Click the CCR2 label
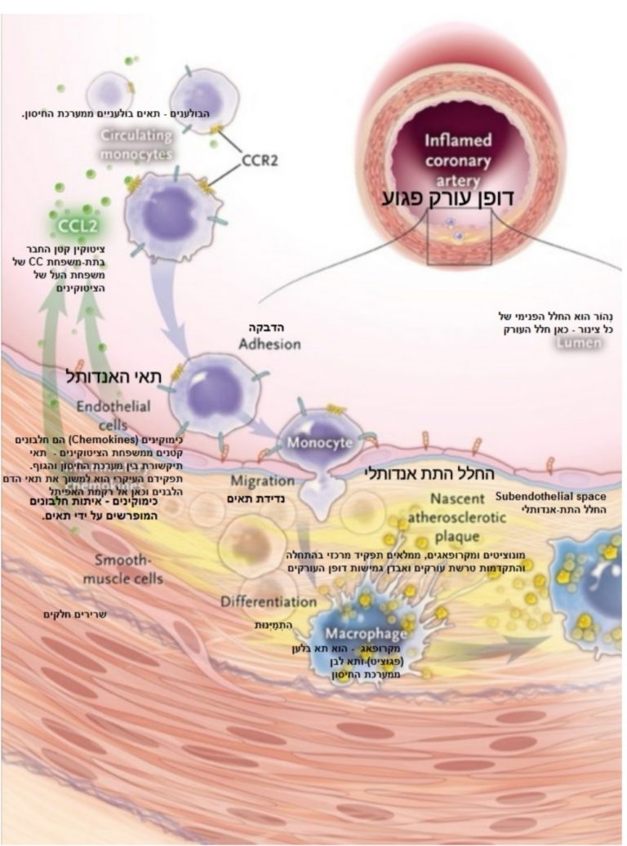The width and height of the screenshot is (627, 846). [260, 161]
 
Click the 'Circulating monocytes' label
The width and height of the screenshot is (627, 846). [136, 144]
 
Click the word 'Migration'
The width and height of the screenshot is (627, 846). [261, 481]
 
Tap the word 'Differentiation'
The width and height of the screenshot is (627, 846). [268, 601]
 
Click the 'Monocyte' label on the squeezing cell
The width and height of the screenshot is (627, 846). [319, 443]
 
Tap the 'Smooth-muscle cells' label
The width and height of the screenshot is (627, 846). [128, 569]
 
